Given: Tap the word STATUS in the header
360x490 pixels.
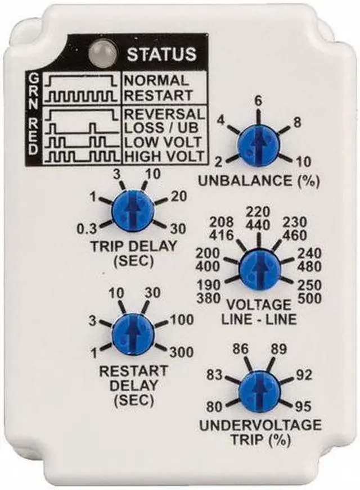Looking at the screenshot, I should [161, 54].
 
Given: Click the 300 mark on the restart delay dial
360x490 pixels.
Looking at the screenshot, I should [182, 352].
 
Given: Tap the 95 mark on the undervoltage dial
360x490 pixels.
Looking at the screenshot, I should [304, 404].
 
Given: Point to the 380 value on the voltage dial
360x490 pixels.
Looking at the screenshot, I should [209, 298].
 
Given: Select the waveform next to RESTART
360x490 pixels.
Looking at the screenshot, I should [83, 96].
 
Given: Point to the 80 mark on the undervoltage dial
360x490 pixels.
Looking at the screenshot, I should [215, 404].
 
